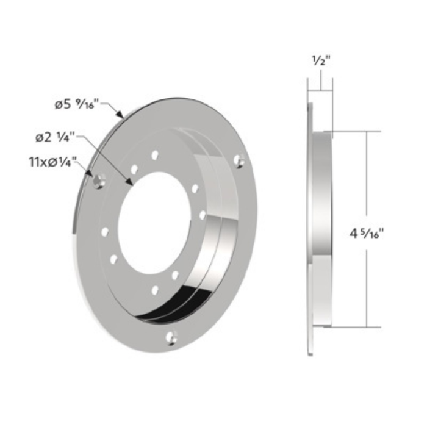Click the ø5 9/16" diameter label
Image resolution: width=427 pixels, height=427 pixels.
coord(75,105)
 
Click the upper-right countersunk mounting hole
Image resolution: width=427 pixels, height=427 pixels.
coord(240,160)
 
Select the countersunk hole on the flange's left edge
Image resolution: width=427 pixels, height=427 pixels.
coord(99,181)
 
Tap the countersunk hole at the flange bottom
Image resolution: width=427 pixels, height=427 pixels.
coord(172,336)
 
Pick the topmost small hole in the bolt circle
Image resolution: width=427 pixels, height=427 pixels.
coord(155,155)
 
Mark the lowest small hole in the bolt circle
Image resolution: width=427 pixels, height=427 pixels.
coord(155,290)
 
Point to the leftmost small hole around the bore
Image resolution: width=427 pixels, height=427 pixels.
coord(105,232)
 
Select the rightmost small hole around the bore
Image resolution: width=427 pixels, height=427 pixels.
coord(202,214)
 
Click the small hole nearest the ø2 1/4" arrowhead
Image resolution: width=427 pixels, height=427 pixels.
coord(134,169)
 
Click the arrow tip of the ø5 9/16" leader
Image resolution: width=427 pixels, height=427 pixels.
coord(123,115)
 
